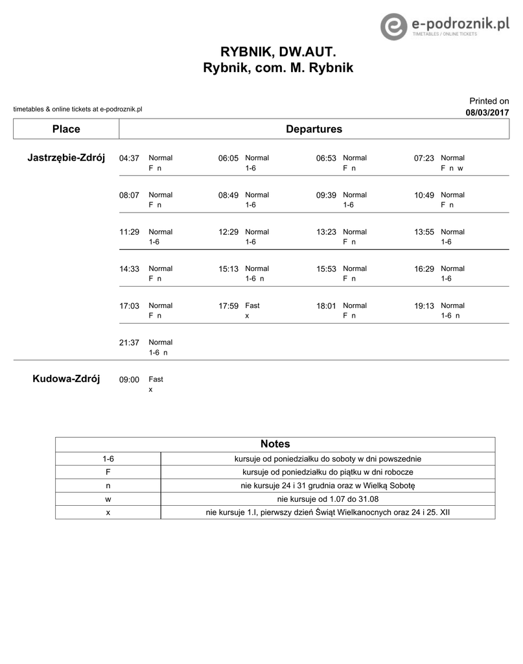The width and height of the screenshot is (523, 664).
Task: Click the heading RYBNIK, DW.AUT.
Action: tap(279, 51)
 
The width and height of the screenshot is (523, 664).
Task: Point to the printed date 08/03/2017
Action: tap(487, 113)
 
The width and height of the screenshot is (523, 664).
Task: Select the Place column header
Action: tap(66, 129)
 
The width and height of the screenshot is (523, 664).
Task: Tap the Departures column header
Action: tap(314, 129)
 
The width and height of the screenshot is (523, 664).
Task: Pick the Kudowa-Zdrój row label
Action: tap(66, 379)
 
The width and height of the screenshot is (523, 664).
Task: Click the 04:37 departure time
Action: tap(129, 158)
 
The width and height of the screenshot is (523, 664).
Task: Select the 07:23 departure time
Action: tap(424, 158)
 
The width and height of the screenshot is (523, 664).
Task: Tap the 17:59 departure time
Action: tap(228, 306)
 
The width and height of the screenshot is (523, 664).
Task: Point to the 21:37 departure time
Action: tap(129, 343)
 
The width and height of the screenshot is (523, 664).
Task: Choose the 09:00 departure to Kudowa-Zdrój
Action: tap(129, 380)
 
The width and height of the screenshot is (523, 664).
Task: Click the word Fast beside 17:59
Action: tap(252, 305)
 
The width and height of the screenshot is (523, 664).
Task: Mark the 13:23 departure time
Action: tap(326, 232)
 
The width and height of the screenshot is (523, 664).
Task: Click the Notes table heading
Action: tap(275, 444)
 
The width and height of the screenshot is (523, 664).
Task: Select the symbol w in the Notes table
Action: tap(108, 499)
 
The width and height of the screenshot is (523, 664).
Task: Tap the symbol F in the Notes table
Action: tap(108, 472)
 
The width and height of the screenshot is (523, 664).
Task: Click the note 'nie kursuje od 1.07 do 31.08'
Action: tap(327, 499)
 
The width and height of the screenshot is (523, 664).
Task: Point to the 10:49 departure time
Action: tap(424, 195)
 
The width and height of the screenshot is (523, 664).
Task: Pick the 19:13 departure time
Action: tap(424, 306)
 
